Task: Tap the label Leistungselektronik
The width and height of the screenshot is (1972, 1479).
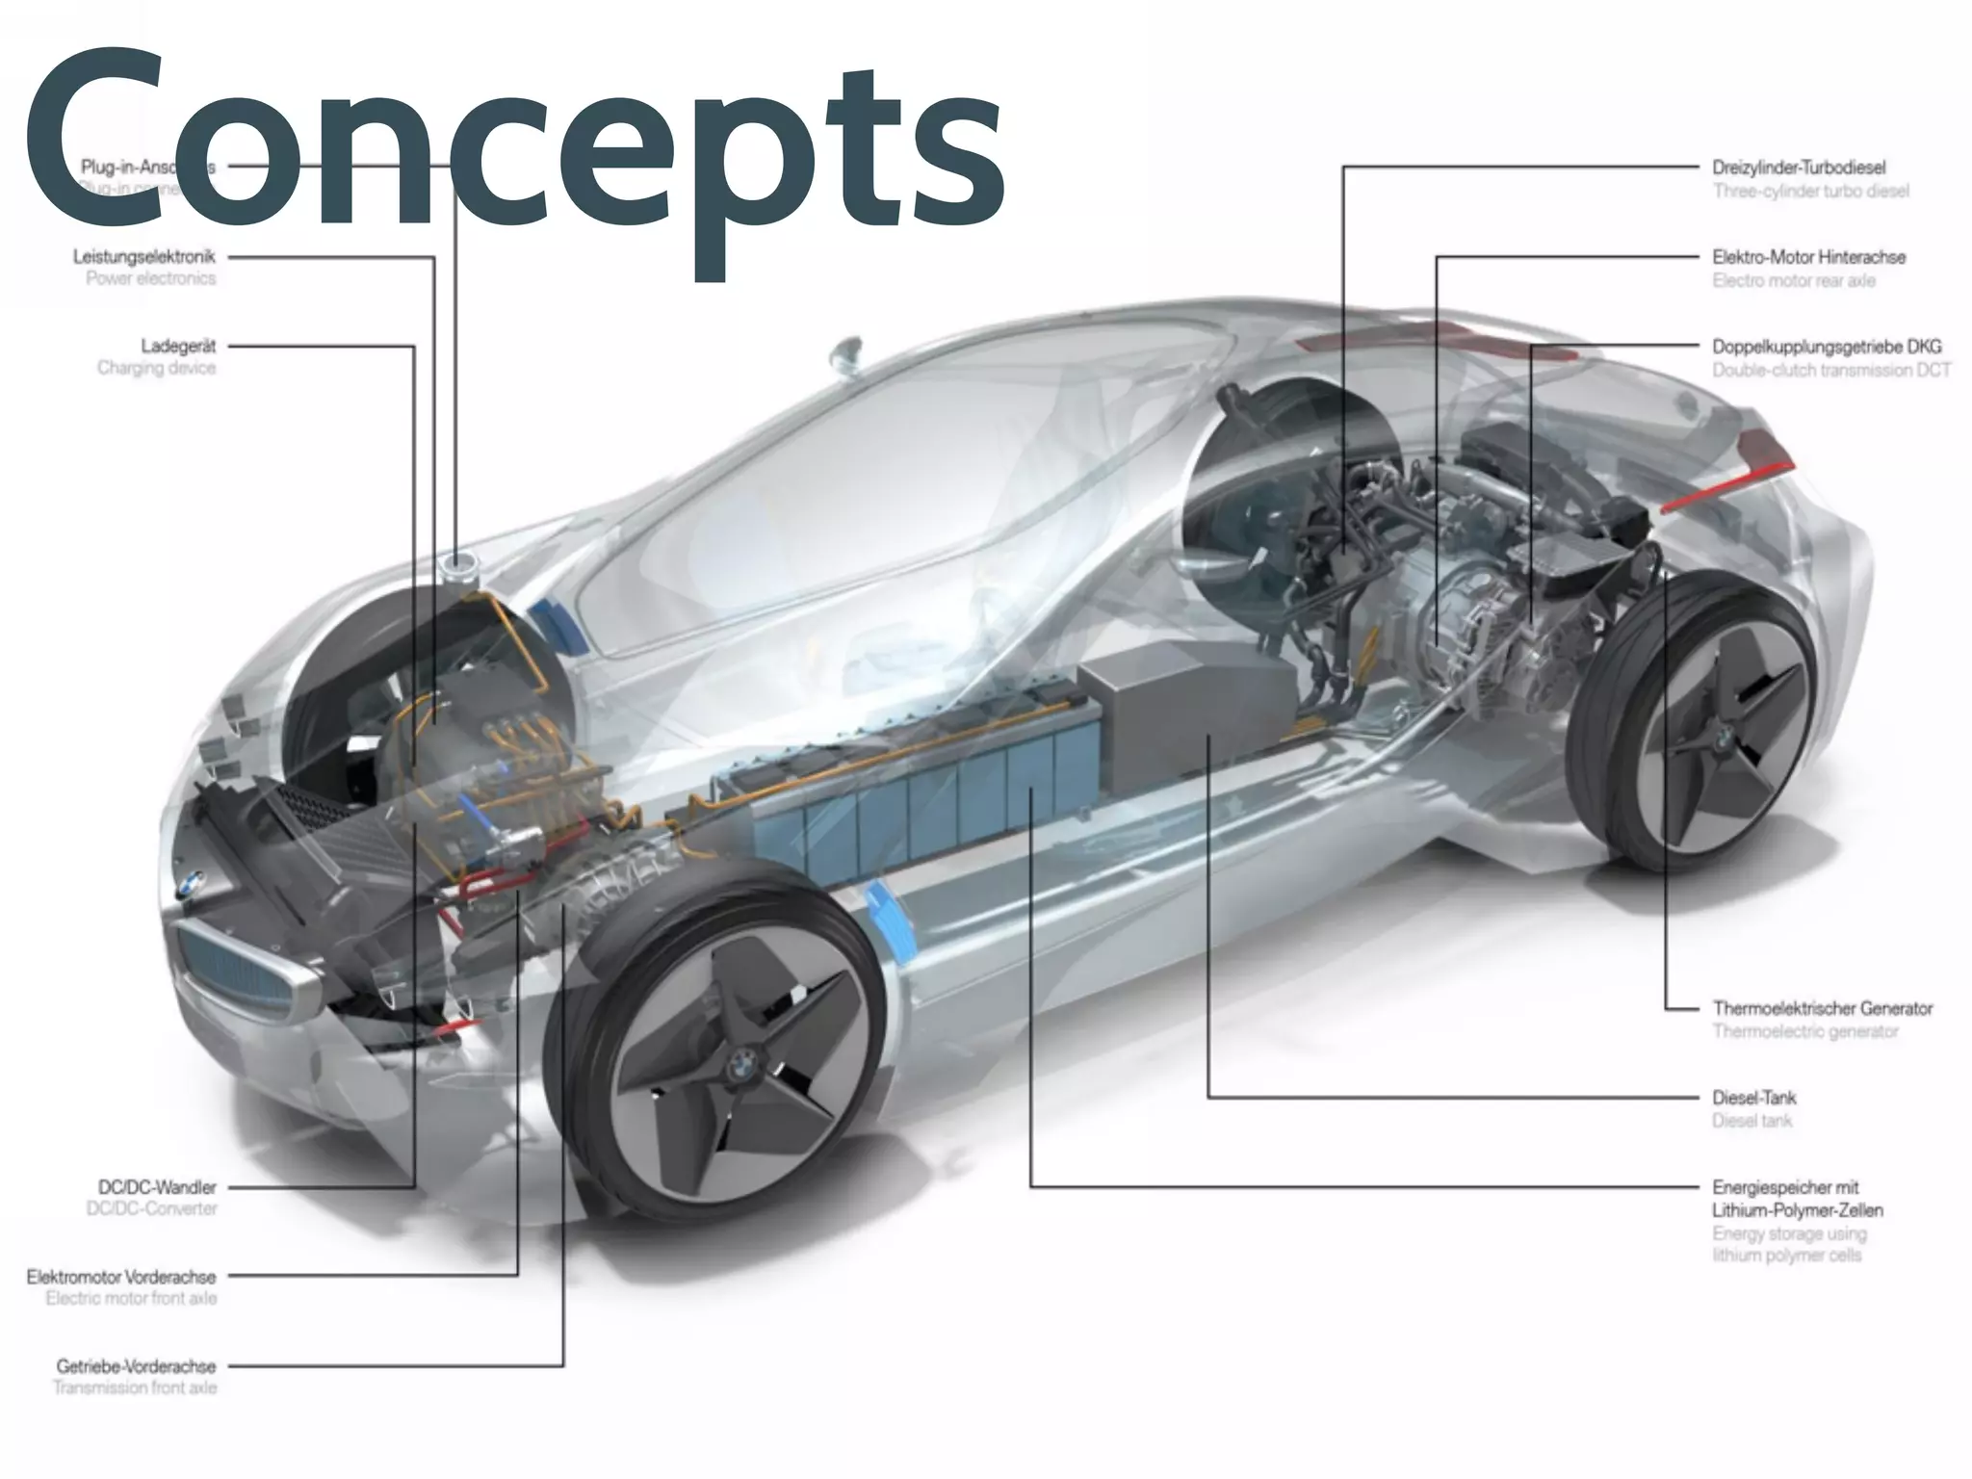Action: pyautogui.click(x=144, y=257)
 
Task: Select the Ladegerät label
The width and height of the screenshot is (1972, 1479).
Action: pyautogui.click(x=178, y=346)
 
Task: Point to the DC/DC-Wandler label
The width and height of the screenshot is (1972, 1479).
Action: pyautogui.click(x=157, y=1187)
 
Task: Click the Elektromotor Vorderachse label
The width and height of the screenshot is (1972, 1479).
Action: pyautogui.click(x=121, y=1277)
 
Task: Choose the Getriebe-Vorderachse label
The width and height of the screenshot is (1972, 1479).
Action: pyautogui.click(x=136, y=1365)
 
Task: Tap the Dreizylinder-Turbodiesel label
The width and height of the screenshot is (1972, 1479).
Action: pyautogui.click(x=1799, y=168)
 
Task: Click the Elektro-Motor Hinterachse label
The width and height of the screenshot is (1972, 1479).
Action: pyautogui.click(x=1808, y=257)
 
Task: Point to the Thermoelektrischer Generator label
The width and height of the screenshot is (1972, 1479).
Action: pyautogui.click(x=1822, y=1008)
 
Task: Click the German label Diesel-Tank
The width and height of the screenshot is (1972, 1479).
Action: pyautogui.click(x=1753, y=1098)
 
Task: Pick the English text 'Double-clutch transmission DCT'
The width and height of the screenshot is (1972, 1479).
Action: pyautogui.click(x=1830, y=370)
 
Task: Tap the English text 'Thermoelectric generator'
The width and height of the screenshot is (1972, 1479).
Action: pyautogui.click(x=1804, y=1031)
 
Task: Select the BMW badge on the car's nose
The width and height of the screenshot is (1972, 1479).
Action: pyautogui.click(x=191, y=881)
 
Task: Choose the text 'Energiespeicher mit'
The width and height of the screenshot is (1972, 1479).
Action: pyautogui.click(x=1784, y=1187)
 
